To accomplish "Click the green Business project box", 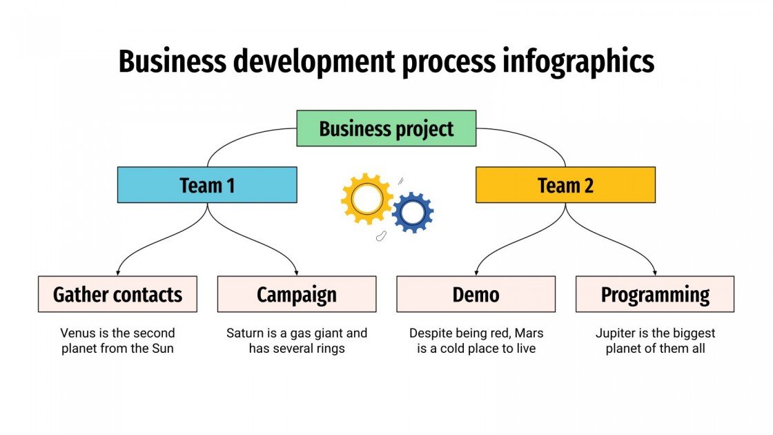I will point(386,128).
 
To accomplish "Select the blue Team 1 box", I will point(207,185).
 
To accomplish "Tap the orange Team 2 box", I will point(565,185).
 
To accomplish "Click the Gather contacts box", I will point(117,295).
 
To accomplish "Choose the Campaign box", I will point(297,295).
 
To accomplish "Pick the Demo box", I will point(476,295).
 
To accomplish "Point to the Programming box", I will point(655,295).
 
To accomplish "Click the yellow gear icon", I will point(366,199).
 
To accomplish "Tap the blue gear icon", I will point(413,213).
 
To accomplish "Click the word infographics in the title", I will point(575,61).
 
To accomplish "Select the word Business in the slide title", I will point(172,61).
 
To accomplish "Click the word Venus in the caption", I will point(77,333).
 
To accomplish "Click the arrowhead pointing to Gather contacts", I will point(118,272).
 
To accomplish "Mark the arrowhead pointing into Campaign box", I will point(297,272).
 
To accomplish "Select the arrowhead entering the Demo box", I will point(476,272).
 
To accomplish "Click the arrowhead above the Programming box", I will point(655,272).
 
